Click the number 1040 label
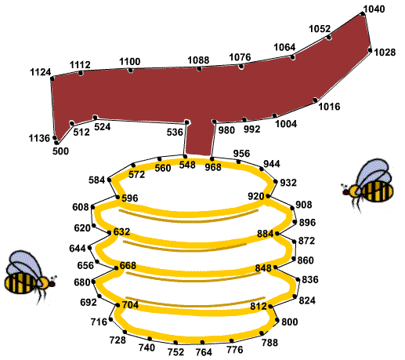coord(374,9)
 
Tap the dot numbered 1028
coord(370,50)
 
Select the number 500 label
coord(60,151)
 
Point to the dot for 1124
coord(52,78)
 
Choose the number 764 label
coord(204,352)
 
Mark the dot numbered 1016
coord(316,100)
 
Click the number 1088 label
coord(198,60)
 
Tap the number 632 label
coord(121,232)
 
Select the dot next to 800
coord(277,320)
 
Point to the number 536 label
coord(175,133)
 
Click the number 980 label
coord(226,130)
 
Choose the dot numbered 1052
coord(329,38)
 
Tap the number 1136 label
coord(39,138)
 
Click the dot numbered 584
coord(110,180)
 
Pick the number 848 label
coord(263,268)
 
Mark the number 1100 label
coord(130,62)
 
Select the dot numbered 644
coord(89,248)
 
